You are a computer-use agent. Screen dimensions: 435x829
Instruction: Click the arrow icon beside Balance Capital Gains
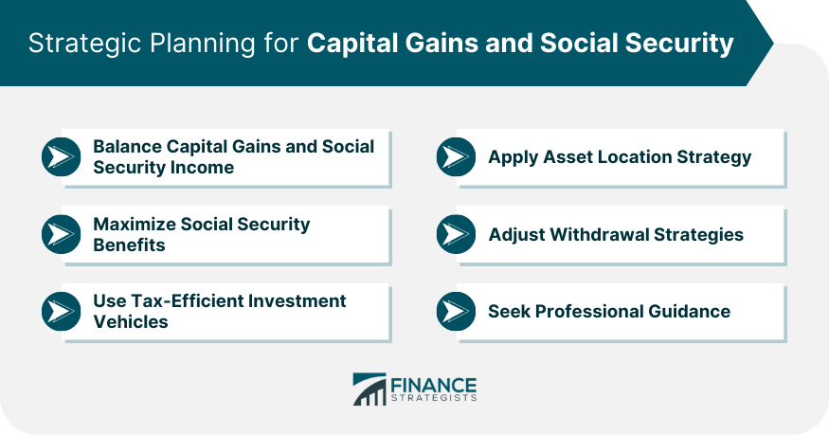(x=61, y=157)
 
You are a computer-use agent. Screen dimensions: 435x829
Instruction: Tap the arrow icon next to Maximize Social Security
(x=61, y=235)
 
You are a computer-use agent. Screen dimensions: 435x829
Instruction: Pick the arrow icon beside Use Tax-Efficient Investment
(x=61, y=312)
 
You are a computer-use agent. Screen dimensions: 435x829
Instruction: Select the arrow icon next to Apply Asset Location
(x=456, y=157)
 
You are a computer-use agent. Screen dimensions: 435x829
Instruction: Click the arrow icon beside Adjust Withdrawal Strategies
(x=456, y=234)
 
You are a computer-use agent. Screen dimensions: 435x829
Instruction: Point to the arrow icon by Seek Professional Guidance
(x=456, y=311)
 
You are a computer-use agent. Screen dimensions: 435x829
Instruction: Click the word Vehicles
(x=130, y=322)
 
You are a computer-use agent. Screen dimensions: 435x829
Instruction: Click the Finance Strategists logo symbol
(x=369, y=389)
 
